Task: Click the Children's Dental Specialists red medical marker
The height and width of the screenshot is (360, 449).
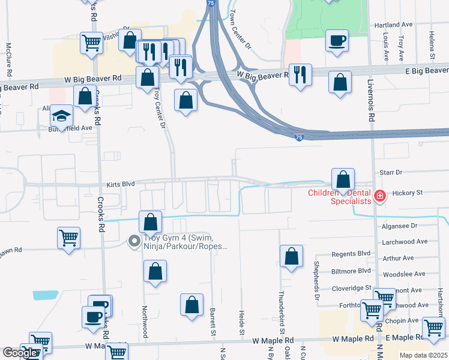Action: coord(379,196)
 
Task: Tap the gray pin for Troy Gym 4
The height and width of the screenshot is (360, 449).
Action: coord(134,241)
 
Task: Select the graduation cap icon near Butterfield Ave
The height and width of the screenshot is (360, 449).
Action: coord(61,115)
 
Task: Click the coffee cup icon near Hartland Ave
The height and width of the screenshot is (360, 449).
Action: coord(337,40)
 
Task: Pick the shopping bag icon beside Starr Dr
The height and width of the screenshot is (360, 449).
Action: coord(342,179)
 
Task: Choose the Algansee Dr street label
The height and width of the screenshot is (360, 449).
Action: coord(399,226)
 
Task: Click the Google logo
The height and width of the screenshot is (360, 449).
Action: coord(20,353)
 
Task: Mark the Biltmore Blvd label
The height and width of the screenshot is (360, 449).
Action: coord(351,271)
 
